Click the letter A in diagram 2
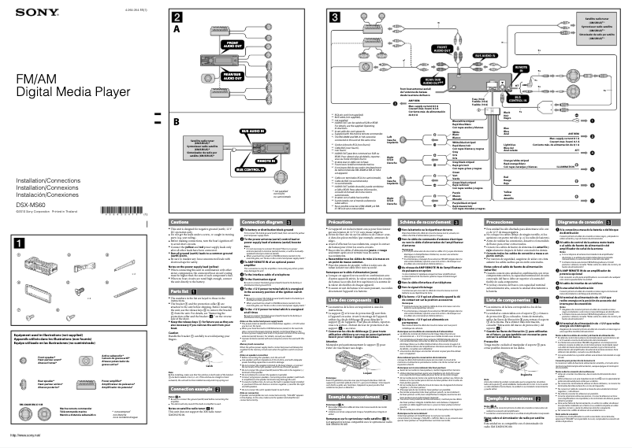pyautogui.click(x=177, y=27)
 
